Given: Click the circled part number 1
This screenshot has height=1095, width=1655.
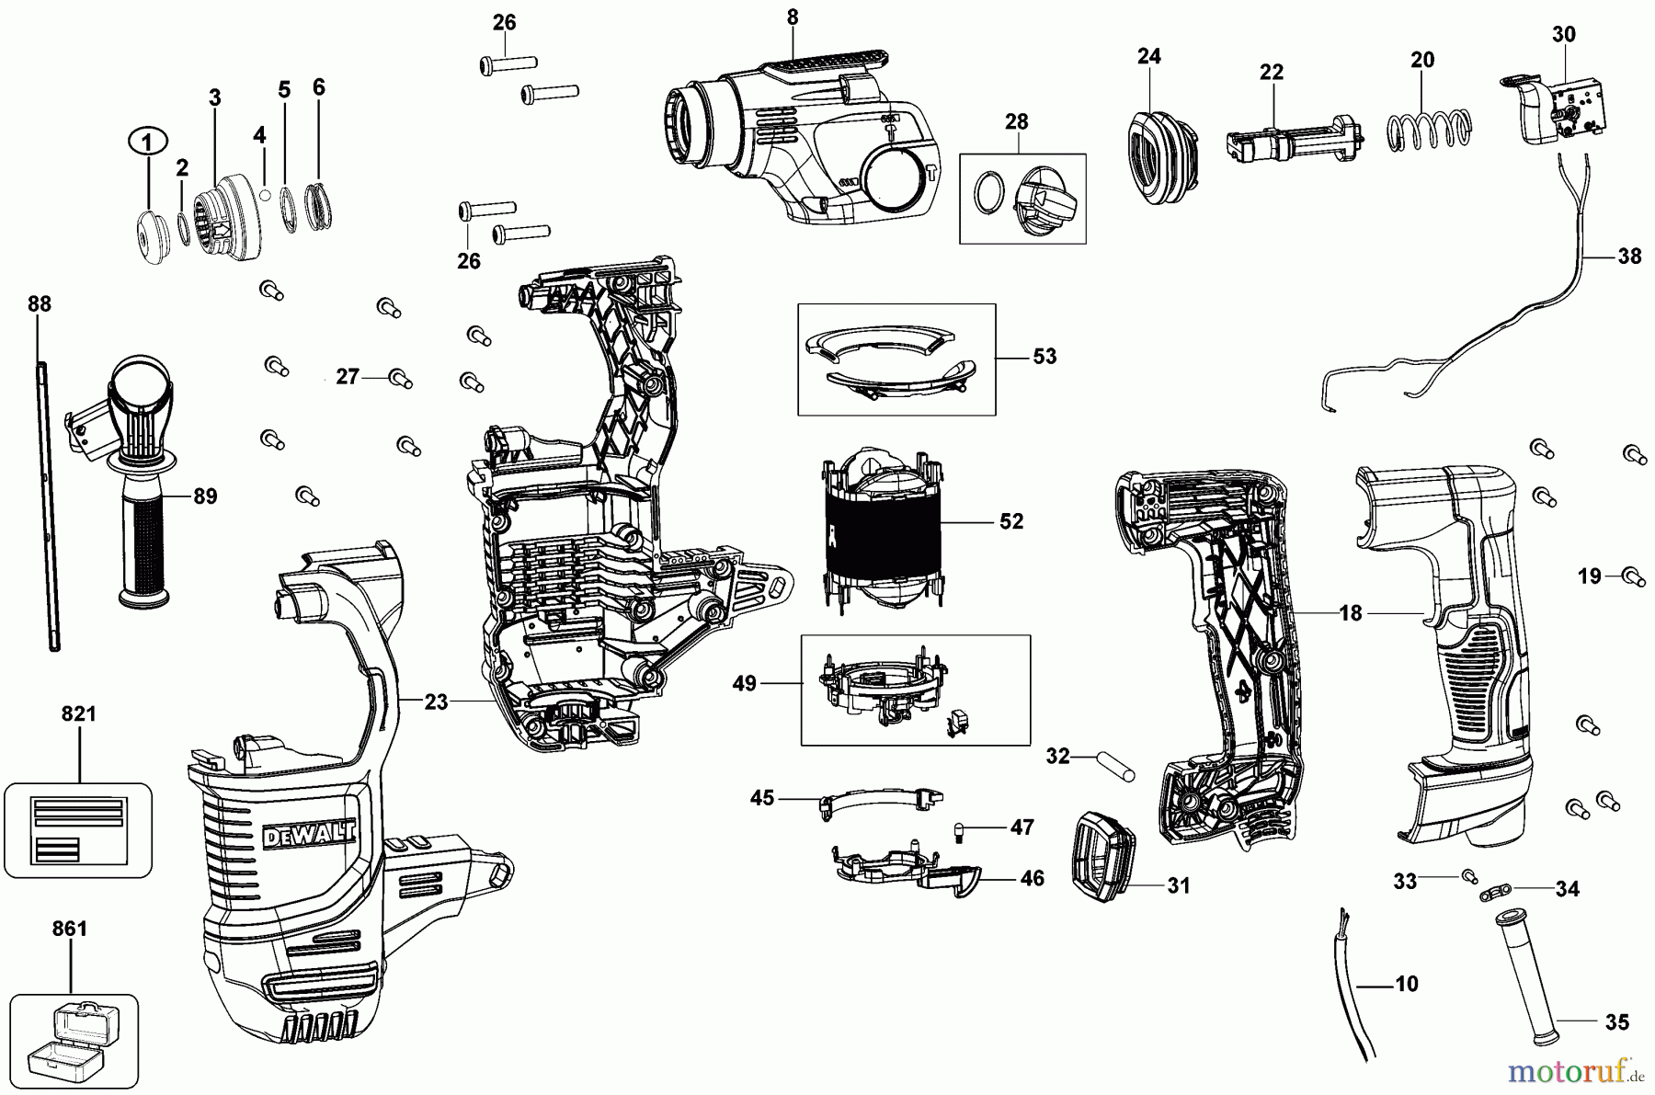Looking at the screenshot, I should (x=148, y=141).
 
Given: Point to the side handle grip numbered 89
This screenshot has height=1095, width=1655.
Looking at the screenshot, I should (x=145, y=542).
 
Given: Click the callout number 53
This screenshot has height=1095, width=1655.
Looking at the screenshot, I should (x=1044, y=356).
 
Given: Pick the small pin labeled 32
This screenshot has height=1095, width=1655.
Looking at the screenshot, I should (x=1115, y=766).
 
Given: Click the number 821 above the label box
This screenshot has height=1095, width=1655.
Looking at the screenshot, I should (x=78, y=714).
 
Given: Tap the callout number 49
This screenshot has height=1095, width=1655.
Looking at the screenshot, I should (x=744, y=683).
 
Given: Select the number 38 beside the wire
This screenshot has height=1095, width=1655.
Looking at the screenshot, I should (x=1628, y=257).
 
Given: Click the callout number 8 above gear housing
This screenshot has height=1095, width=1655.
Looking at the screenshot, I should (x=793, y=17).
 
